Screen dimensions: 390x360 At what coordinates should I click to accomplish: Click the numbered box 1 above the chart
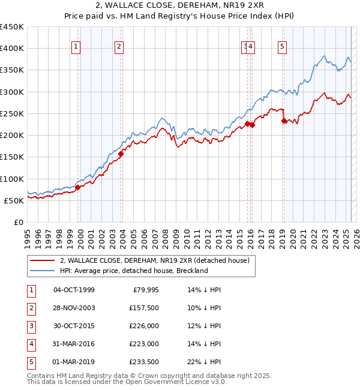coord(77,47)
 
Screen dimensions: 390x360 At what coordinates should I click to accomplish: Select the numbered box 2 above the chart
coord(119,47)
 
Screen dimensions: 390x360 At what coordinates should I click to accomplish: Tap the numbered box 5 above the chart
coord(282,47)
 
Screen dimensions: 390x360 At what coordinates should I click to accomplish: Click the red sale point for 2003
coord(121,154)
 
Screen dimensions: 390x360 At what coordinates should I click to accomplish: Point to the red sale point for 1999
coord(77,187)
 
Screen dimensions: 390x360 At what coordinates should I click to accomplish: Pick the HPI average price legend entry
coord(133,271)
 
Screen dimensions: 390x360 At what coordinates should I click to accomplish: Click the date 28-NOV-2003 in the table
coord(74,308)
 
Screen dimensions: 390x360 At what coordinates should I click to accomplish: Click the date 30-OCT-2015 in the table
coord(74,326)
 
